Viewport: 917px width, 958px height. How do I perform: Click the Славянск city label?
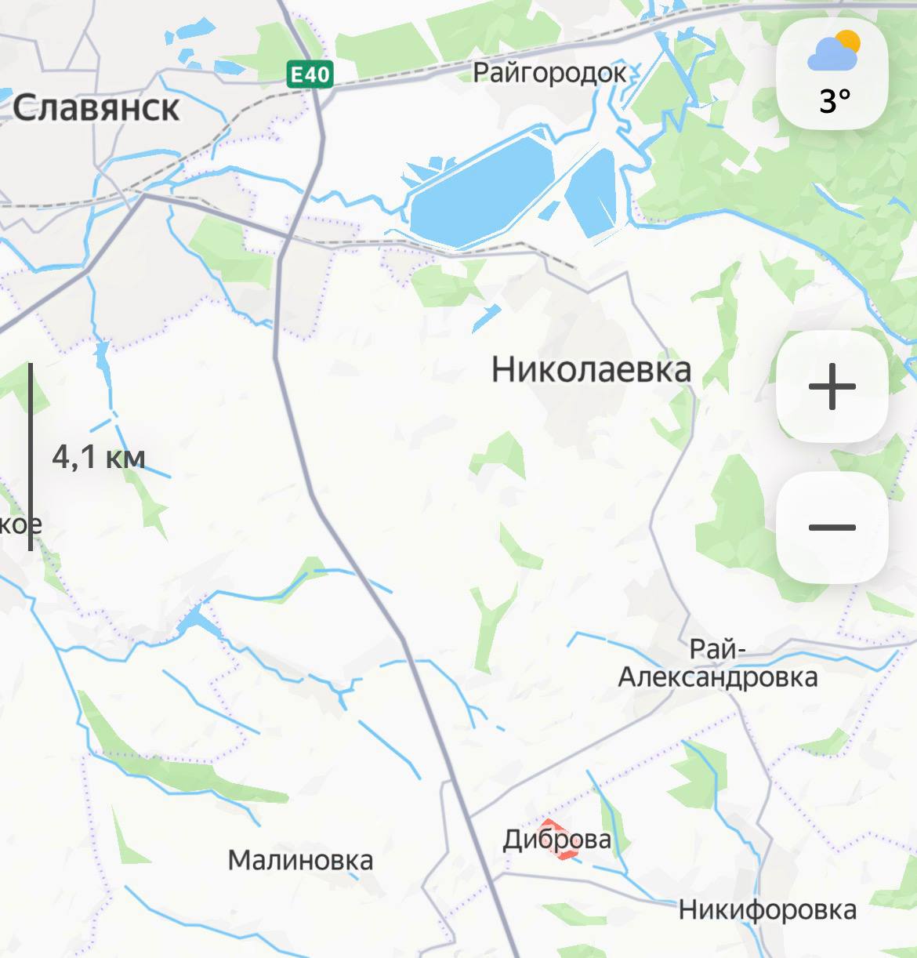[96, 107]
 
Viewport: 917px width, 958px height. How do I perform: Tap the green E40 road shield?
[310, 74]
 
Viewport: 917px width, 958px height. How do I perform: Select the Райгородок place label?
[549, 73]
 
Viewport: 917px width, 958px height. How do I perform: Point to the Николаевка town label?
[591, 369]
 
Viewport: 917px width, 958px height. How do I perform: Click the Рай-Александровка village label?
[717, 663]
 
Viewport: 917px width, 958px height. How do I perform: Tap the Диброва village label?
[556, 840]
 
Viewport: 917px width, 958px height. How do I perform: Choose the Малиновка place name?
[300, 860]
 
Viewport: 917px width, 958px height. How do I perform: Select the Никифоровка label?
[767, 909]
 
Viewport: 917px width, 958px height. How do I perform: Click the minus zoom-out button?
[832, 527]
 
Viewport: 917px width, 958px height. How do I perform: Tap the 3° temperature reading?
[835, 101]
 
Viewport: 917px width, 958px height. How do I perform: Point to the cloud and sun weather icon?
[834, 50]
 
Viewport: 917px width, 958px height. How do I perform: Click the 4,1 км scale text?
[99, 456]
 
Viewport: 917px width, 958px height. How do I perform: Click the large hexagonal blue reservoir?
[480, 191]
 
